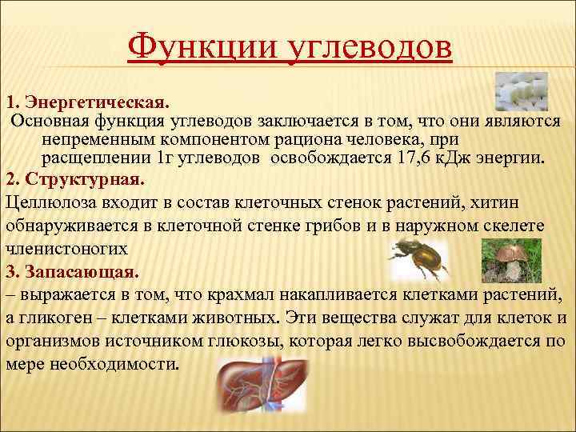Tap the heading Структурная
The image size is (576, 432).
coord(84,176)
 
